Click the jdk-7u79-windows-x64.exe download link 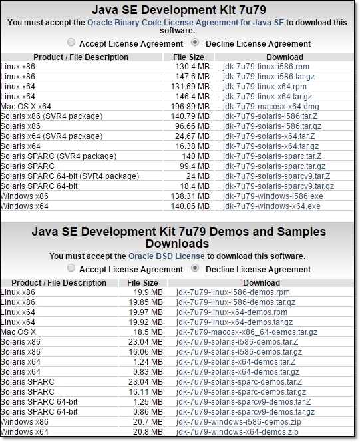(271, 206)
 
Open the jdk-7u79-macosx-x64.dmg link (271, 107)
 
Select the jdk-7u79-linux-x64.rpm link (265, 87)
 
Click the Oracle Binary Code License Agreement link (186, 22)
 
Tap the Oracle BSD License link (166, 256)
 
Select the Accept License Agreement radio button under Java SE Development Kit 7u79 (71, 43)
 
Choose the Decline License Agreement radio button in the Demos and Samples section (195, 268)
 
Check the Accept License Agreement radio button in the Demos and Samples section (71, 268)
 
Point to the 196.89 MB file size (190, 107)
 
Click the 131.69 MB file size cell (190, 87)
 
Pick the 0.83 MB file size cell (148, 372)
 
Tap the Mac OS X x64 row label (26, 107)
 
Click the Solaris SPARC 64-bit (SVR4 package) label (70, 176)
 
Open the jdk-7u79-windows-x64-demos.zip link (238, 431)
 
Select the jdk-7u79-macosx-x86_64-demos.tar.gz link (247, 331)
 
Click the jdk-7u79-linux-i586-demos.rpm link (234, 292)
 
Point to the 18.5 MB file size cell (148, 331)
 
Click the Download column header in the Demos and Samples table (262, 282)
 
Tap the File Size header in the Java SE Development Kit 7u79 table (188, 57)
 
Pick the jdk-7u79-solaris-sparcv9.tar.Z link (277, 176)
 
